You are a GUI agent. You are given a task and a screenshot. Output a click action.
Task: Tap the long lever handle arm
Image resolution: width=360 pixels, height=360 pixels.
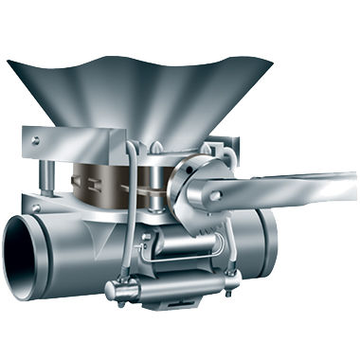[x=294, y=189]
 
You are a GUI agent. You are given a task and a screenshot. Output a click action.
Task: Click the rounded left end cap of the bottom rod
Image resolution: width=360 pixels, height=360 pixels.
[x=110, y=289]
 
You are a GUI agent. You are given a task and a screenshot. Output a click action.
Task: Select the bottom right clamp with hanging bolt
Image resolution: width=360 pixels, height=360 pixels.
[x=232, y=284]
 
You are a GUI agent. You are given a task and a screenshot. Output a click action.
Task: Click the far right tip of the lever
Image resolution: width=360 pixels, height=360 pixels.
[x=352, y=180]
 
